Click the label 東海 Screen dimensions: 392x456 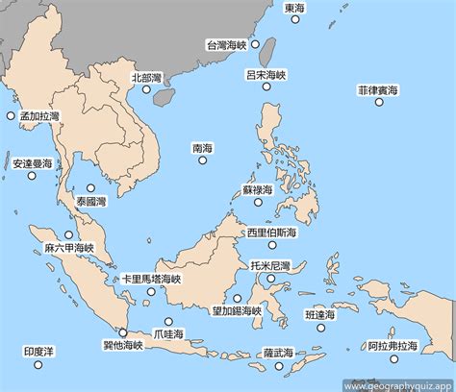[x=296, y=9]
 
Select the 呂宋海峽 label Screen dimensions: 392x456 [x=266, y=74]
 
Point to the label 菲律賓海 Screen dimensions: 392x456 [x=379, y=90]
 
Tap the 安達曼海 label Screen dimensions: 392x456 [x=32, y=164]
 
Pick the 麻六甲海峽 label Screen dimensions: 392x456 [x=69, y=248]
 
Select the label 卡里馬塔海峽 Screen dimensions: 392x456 [x=151, y=279]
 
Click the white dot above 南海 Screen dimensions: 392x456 [x=202, y=160]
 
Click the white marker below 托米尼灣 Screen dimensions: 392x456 [x=270, y=279]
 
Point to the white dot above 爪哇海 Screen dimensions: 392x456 [x=168, y=322]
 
